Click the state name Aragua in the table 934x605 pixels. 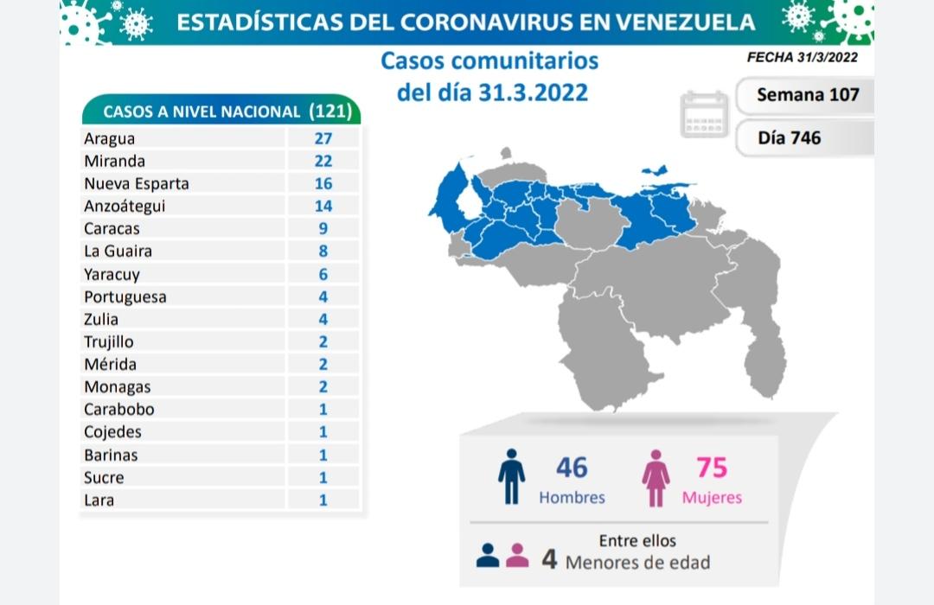click(109, 138)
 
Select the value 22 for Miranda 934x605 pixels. click(323, 161)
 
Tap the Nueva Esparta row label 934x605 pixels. click(136, 183)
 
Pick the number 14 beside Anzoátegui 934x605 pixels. click(323, 206)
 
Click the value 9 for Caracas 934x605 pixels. click(323, 229)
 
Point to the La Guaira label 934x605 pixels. click(118, 252)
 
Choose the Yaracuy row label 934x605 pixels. click(112, 274)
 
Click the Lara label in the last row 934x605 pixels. click(99, 500)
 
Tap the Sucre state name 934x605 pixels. click(104, 477)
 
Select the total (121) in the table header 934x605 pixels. click(334, 111)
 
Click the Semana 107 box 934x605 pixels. click(807, 94)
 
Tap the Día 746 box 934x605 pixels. click(790, 137)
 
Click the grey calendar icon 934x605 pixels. click(705, 114)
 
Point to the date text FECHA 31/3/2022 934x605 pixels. click(802, 58)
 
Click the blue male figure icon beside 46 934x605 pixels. click(511, 476)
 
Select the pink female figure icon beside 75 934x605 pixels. click(656, 478)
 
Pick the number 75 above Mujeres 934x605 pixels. click(712, 468)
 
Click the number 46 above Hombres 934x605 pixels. click(572, 468)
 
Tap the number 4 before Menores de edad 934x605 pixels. click(548, 560)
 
